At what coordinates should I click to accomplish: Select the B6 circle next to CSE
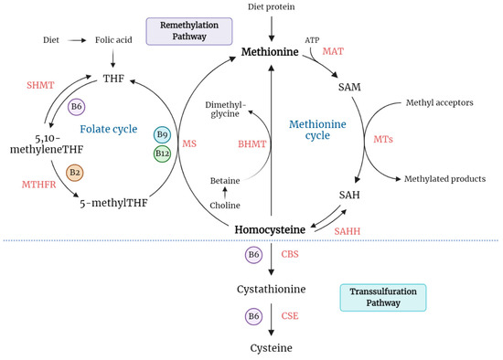pyautogui.click(x=255, y=315)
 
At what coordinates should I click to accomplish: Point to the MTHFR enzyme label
pyautogui.click(x=39, y=185)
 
